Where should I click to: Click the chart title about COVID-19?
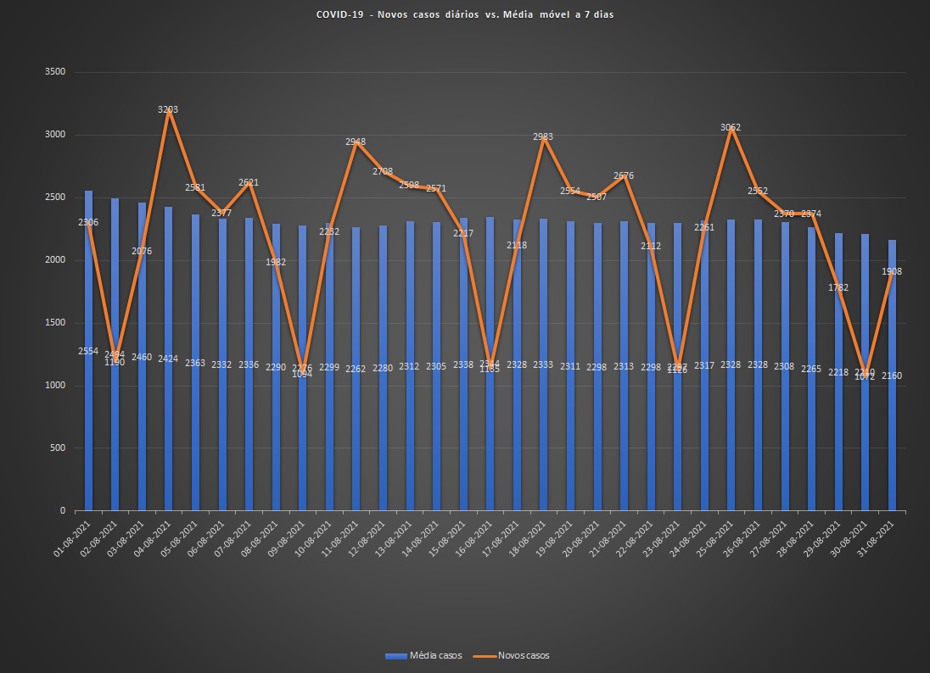tap(464, 14)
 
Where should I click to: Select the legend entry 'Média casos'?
tap(423, 655)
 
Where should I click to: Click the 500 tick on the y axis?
tap(57, 448)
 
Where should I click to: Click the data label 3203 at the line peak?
tap(168, 109)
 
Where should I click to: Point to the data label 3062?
tap(731, 127)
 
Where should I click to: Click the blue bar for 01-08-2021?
tap(88, 356)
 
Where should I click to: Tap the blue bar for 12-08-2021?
tap(383, 373)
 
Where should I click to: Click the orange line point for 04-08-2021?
tap(169, 111)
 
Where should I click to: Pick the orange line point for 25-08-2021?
tap(731, 129)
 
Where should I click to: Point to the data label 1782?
tap(838, 287)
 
